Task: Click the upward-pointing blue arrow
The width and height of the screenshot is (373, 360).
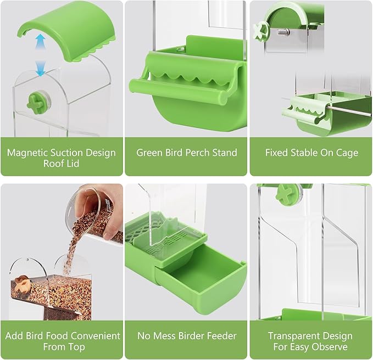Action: pyautogui.click(x=41, y=42)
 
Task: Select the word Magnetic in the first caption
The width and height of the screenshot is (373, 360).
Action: pyautogui.click(x=27, y=153)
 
